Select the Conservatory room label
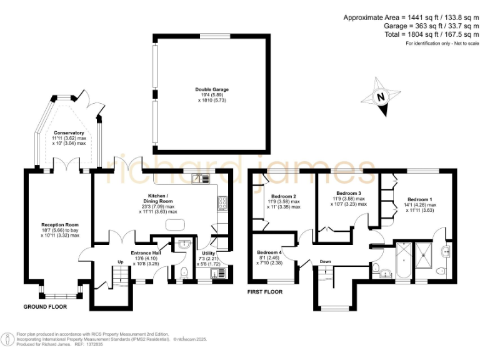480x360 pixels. click(69, 133)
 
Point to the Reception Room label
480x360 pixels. click(60, 224)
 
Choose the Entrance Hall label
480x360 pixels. click(146, 253)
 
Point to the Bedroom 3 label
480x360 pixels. click(349, 193)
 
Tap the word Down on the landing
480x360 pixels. click(325, 261)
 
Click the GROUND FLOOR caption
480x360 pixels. click(45, 307)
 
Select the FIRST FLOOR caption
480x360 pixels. click(265, 292)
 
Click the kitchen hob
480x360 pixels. click(222, 202)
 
